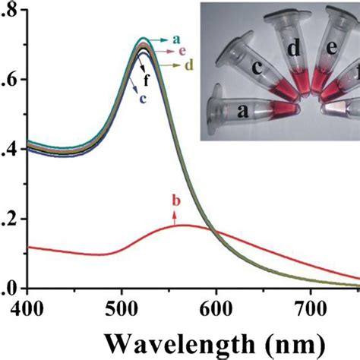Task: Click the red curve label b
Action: tap(176, 201)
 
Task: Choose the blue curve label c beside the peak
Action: tap(141, 96)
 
